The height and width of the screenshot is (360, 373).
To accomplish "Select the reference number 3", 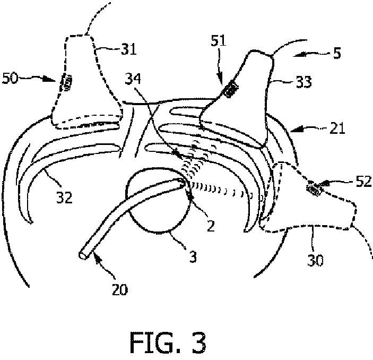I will point(193,256).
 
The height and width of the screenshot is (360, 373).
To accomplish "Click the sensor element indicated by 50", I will point(67,84).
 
